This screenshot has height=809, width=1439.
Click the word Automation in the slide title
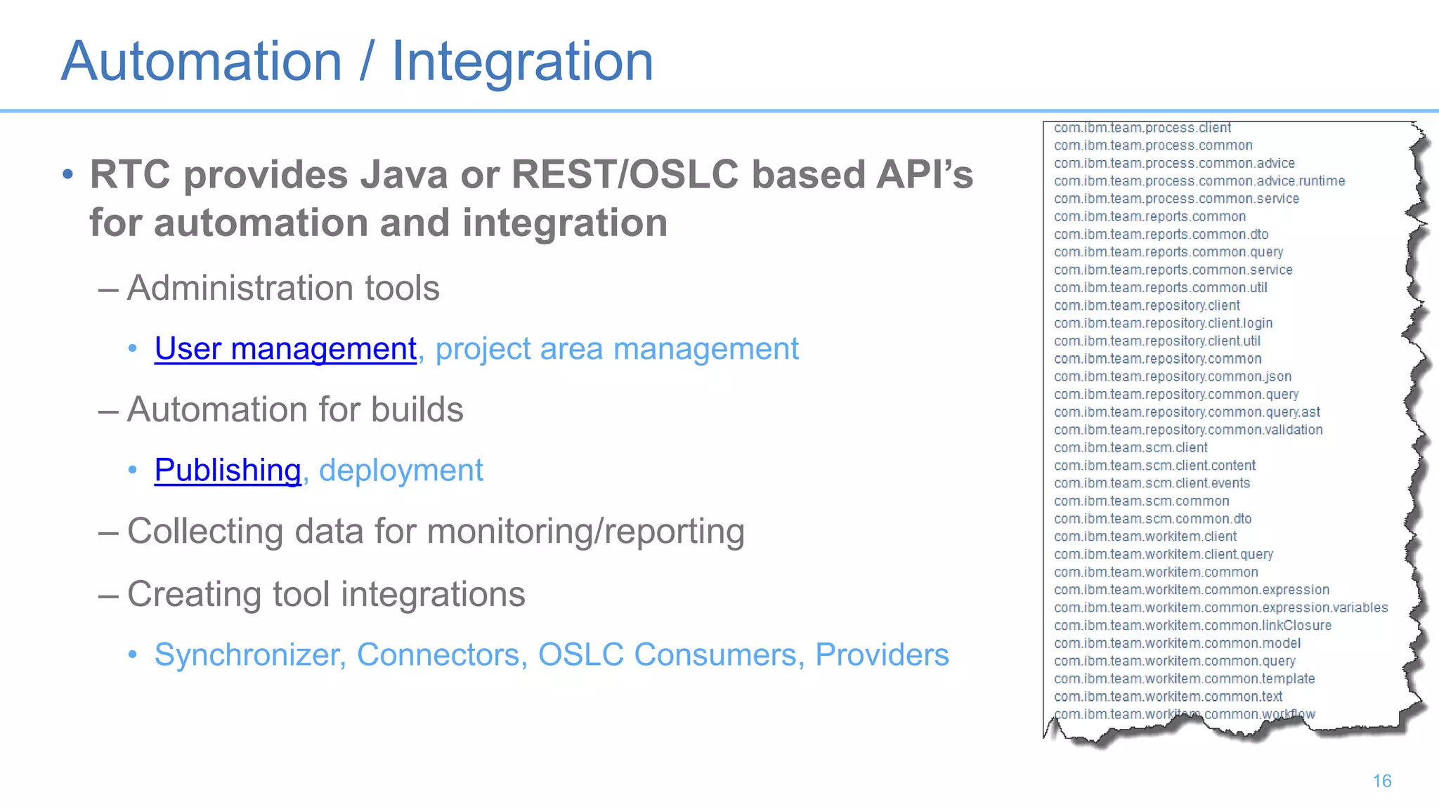pyautogui.click(x=202, y=62)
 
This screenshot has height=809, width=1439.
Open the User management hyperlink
pyautogui.click(x=285, y=349)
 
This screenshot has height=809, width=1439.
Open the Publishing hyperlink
pyautogui.click(x=228, y=471)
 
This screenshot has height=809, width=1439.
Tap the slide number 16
pyautogui.click(x=1381, y=781)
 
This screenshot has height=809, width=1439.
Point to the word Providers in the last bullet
pyautogui.click(x=882, y=655)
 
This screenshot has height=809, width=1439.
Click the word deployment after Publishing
pyautogui.click(x=401, y=471)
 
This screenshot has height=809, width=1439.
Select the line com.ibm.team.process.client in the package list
pyautogui.click(x=1142, y=128)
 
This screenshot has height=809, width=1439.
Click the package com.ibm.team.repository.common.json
pyautogui.click(x=1172, y=376)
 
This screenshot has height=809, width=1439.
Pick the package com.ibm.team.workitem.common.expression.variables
pyautogui.click(x=1220, y=607)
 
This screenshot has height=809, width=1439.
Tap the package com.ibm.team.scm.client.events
pyautogui.click(x=1152, y=483)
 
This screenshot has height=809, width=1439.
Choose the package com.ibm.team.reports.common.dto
pyautogui.click(x=1161, y=235)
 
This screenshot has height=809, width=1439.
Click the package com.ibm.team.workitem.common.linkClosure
pyautogui.click(x=1192, y=625)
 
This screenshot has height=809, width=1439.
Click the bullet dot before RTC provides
pyautogui.click(x=67, y=174)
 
